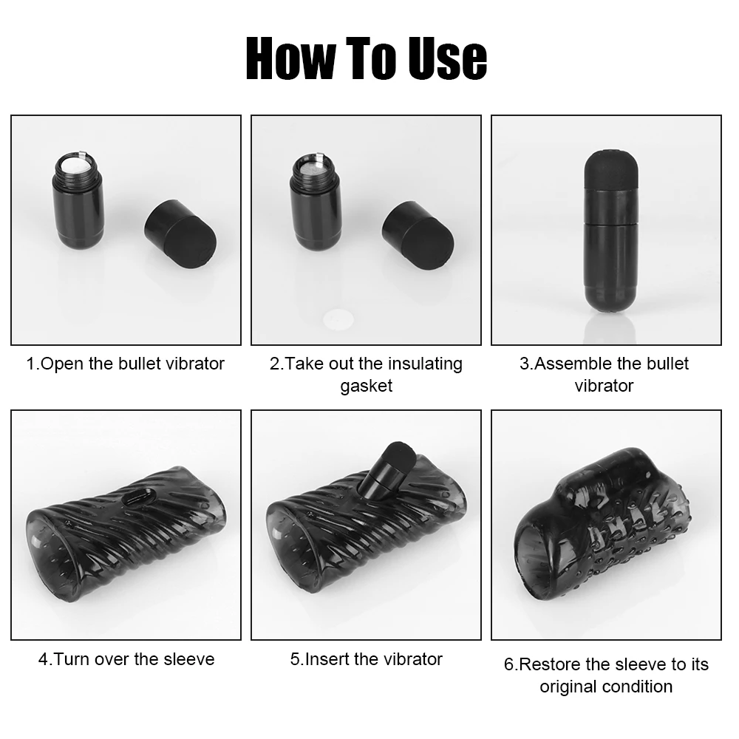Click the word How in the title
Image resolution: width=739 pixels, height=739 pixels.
pyautogui.click(x=290, y=58)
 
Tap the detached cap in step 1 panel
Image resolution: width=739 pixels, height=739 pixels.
pyautogui.click(x=180, y=234)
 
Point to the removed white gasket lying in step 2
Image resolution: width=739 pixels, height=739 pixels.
pyautogui.click(x=338, y=320)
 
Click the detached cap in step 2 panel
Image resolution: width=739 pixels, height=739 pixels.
pyautogui.click(x=418, y=235)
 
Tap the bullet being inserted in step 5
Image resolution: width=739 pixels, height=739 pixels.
pyautogui.click(x=386, y=470)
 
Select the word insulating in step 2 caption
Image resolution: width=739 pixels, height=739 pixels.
pyautogui.click(x=425, y=364)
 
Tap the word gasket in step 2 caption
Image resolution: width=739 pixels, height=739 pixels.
pyautogui.click(x=367, y=386)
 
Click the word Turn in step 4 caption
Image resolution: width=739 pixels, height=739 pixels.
pyautogui.click(x=72, y=659)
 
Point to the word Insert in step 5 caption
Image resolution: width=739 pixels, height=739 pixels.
pyautogui.click(x=327, y=659)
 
